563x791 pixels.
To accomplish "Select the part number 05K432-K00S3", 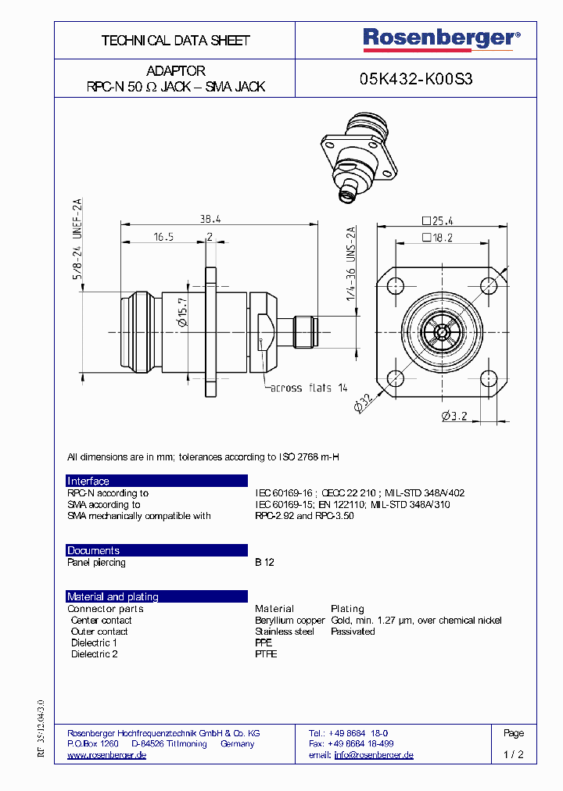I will [416, 79].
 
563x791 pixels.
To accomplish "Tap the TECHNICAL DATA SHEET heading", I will [175, 41].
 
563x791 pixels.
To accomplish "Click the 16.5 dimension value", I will [163, 236].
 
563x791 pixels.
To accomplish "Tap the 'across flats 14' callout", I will [309, 388].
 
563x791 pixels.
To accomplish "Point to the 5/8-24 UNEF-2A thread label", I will [77, 240].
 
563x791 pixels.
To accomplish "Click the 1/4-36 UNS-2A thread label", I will [351, 266].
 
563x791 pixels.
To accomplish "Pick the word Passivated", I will [353, 632].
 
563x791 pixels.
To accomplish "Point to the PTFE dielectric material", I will [266, 654].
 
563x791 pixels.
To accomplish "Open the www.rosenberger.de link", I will [107, 756].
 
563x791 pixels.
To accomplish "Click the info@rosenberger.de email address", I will [374, 756].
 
